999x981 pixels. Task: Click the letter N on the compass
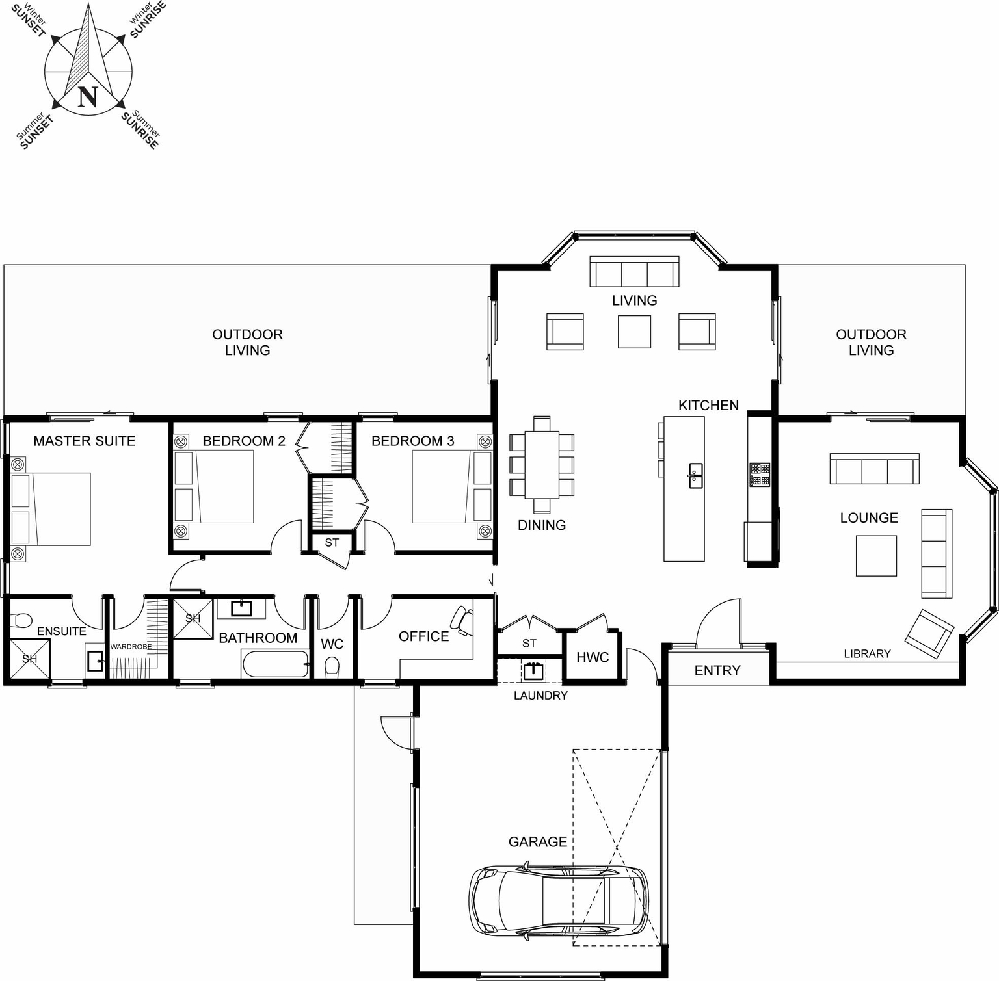click(x=88, y=96)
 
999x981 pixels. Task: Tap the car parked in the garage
click(x=559, y=900)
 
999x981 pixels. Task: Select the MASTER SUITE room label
click(x=85, y=441)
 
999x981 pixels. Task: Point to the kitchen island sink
click(x=695, y=475)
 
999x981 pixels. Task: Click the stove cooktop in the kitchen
click(x=760, y=475)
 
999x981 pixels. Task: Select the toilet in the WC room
click(x=332, y=667)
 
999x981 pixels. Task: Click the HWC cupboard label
click(x=593, y=657)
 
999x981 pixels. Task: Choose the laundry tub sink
click(x=533, y=670)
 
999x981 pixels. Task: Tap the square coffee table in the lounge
click(x=876, y=556)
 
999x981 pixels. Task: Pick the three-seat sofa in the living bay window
click(x=634, y=272)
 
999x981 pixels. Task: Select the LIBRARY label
click(x=867, y=653)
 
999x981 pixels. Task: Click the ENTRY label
click(x=717, y=670)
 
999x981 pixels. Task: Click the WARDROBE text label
click(x=131, y=647)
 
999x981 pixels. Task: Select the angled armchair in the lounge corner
click(x=929, y=633)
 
